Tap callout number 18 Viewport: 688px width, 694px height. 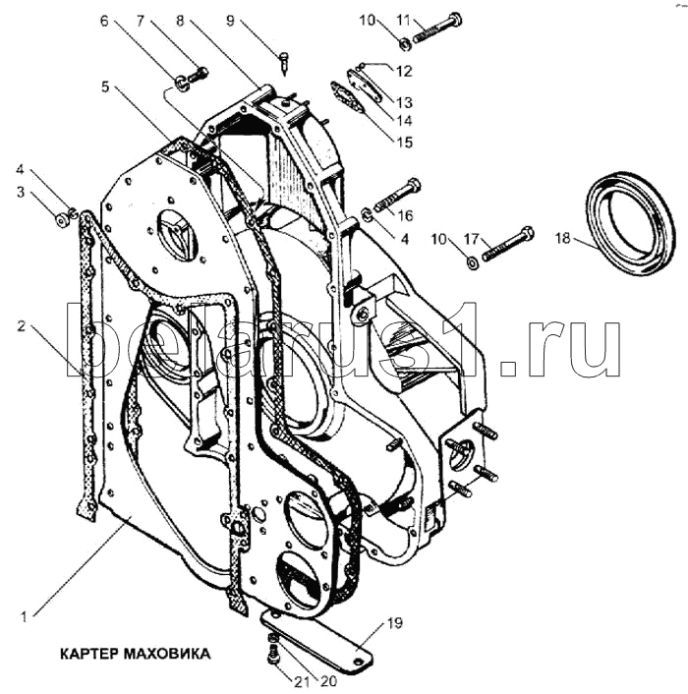coord(563,238)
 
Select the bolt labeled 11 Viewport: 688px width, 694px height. coord(438,29)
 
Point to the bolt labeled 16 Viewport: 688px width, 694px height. coord(397,195)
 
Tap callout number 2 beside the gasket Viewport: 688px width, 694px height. coord(22,326)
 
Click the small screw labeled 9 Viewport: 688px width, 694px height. coord(283,63)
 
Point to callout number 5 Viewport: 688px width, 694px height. coord(104,87)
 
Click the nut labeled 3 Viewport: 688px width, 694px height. coord(61,220)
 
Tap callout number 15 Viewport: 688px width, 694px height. coord(404,143)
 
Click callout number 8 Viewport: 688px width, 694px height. coord(180,21)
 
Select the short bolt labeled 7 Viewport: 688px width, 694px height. coord(198,75)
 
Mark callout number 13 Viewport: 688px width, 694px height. coord(404,102)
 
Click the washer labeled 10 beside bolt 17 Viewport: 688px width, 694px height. coord(473,262)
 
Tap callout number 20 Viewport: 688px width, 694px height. coord(328,681)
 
